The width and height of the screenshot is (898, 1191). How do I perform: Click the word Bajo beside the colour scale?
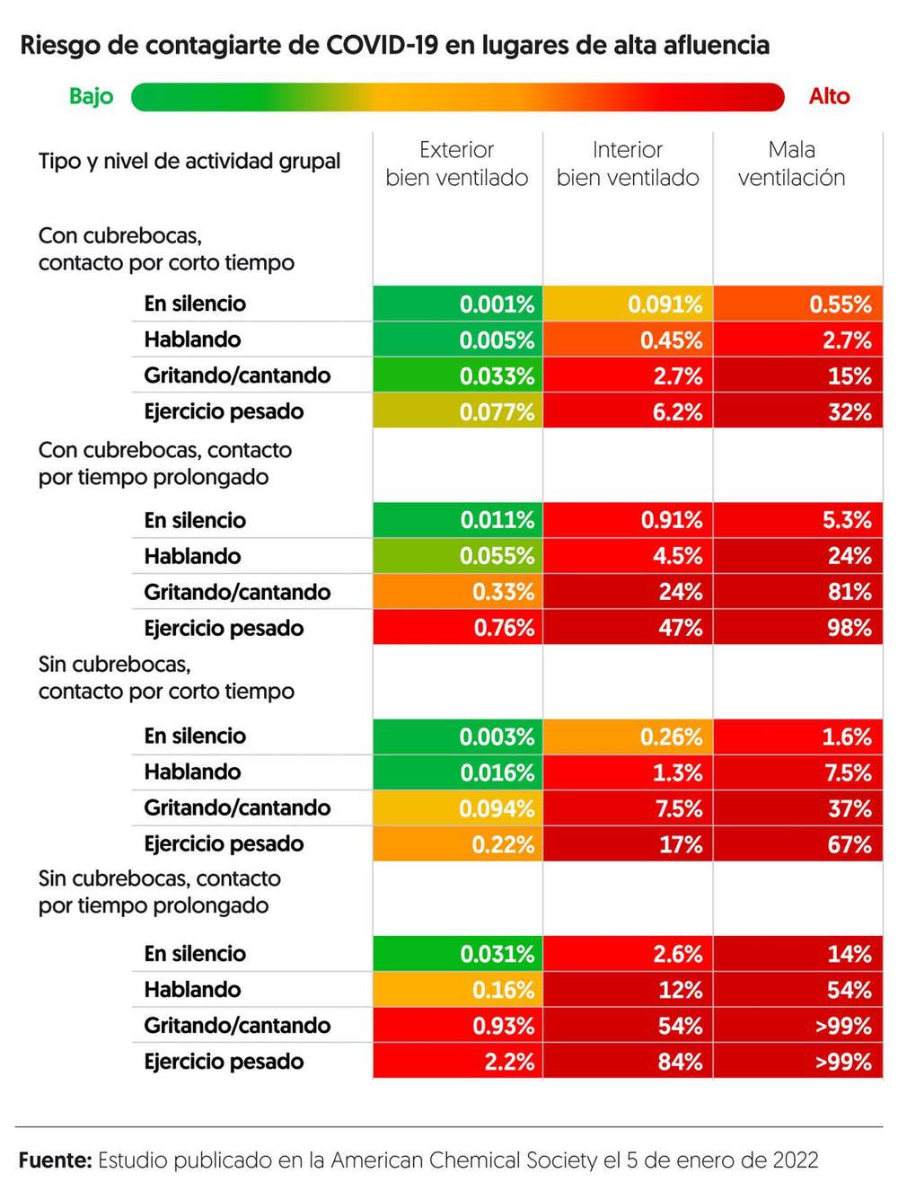coord(91,97)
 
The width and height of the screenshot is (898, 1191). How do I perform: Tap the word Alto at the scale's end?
coord(828,97)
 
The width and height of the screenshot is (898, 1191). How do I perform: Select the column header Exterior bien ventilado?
coord(456,163)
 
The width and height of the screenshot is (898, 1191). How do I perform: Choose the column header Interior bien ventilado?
coord(627,163)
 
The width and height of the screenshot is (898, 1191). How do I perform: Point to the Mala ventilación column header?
coord(791,163)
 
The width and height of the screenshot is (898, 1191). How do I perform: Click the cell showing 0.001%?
coord(458,304)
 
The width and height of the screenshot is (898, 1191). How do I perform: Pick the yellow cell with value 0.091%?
coord(628,304)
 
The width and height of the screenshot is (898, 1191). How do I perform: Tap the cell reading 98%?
coord(798,628)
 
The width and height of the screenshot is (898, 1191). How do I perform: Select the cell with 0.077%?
coord(458,412)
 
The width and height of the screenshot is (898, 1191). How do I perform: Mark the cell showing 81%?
coord(798,592)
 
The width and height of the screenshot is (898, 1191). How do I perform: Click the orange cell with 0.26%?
coord(628,737)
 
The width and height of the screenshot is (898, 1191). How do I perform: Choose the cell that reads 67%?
coord(798,844)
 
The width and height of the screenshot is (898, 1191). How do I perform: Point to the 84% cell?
coord(628,1062)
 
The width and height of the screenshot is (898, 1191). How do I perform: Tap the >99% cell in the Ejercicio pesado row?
coord(798,1062)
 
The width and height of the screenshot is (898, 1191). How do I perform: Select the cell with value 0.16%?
coord(458,990)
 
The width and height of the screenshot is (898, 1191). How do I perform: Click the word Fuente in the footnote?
coord(55,1160)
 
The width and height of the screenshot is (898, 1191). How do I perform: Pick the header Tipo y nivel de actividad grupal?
coord(189,162)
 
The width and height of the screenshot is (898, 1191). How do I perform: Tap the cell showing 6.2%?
coord(628,412)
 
